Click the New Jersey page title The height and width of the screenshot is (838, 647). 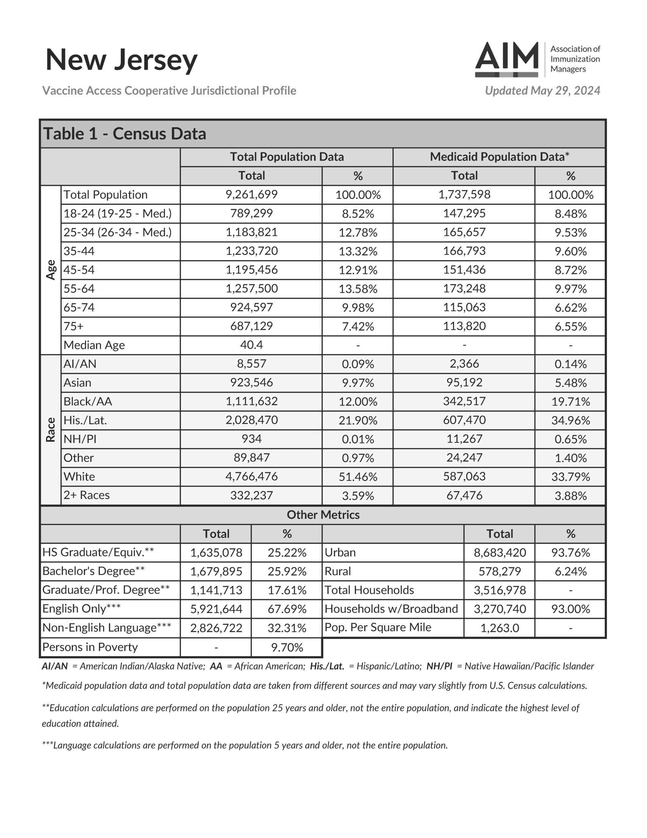point(121,60)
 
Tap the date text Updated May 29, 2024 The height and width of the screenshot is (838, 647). point(542,91)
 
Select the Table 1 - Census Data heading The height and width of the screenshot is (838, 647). point(125,134)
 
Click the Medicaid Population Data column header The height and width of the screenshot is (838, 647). point(499,156)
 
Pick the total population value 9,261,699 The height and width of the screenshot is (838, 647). point(251,194)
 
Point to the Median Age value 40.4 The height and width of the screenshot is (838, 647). point(251,345)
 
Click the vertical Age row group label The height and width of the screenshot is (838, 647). point(51,270)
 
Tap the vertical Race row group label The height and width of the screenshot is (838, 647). point(51,430)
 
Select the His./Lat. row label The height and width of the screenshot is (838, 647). point(85,420)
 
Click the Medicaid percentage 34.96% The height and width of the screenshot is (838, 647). point(570,420)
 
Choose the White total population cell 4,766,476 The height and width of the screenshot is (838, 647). point(251,476)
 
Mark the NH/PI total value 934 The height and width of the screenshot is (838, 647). point(251,439)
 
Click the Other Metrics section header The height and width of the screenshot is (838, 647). point(323,515)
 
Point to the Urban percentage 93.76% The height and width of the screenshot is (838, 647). point(570,552)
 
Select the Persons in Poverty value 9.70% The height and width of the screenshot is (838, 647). point(287,647)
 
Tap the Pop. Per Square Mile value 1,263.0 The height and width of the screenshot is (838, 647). point(499,628)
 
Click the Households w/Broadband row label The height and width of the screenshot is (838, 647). point(391,609)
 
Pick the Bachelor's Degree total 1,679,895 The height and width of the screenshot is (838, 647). point(216,571)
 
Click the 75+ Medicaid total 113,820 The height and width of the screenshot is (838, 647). point(464,326)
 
